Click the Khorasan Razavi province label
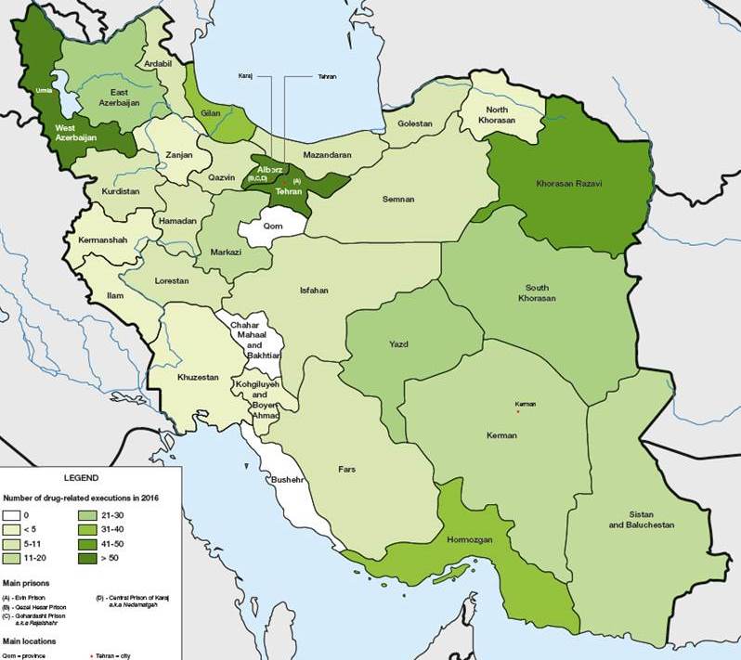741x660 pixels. point(569,184)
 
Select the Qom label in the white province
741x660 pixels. point(272,225)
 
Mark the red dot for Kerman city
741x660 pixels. point(518,412)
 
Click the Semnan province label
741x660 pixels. point(397,199)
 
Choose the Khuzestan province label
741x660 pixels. point(198,378)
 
